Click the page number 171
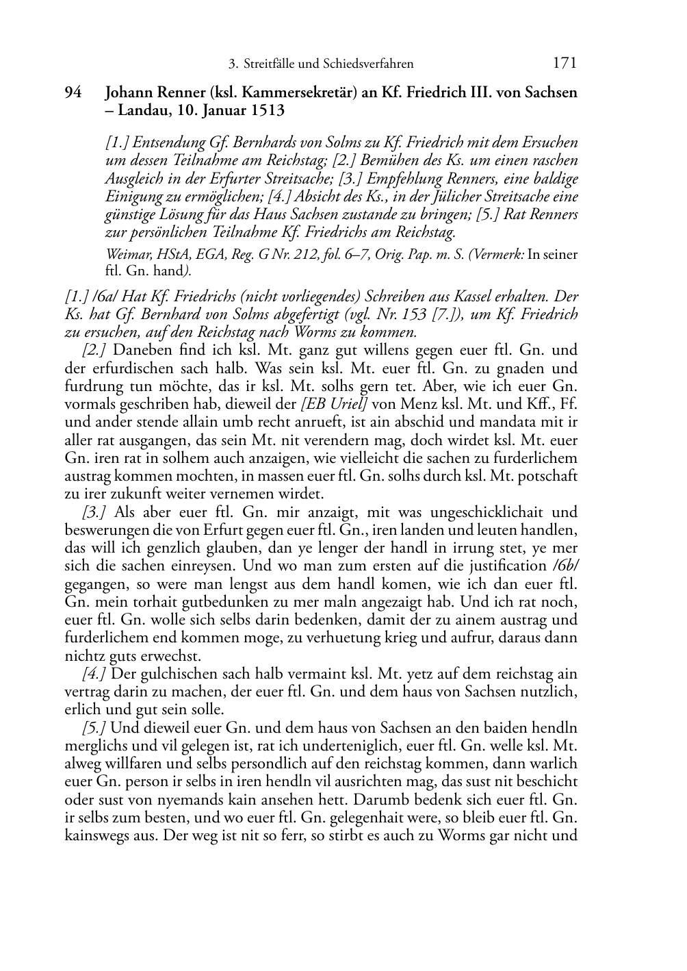point(564,64)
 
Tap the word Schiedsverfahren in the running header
point(371,64)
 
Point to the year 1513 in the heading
point(266,110)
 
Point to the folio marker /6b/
point(564,566)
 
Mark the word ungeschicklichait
point(487,512)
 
